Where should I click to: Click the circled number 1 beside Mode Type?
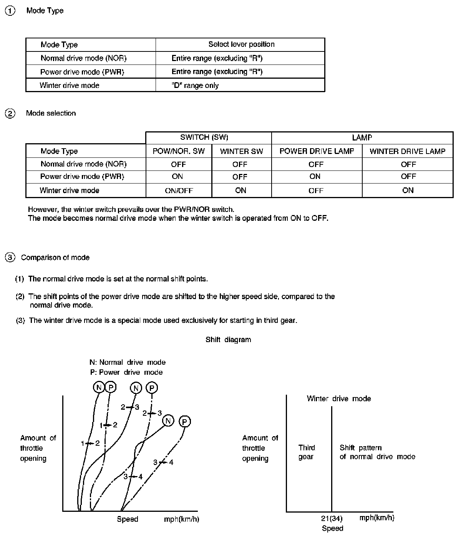(10, 11)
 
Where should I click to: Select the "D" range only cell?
(195, 85)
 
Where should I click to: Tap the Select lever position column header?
(241, 44)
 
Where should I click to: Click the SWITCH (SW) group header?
(204, 137)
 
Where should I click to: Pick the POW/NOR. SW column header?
(179, 151)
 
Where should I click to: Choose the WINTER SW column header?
(241, 151)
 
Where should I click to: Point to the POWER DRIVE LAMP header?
(317, 151)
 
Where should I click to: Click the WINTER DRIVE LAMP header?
(407, 151)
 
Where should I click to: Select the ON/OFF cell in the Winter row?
(179, 190)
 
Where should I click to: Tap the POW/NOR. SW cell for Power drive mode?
(177, 177)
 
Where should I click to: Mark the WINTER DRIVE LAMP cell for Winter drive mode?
(408, 190)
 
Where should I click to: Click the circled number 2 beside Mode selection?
(10, 113)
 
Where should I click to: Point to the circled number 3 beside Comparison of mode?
(10, 258)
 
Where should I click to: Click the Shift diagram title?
(228, 339)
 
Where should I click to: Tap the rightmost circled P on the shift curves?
(185, 422)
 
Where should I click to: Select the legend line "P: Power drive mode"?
(126, 372)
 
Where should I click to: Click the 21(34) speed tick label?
(332, 518)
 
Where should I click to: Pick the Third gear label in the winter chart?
(307, 452)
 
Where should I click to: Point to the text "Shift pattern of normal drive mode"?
(377, 452)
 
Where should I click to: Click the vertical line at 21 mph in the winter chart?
(332, 461)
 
